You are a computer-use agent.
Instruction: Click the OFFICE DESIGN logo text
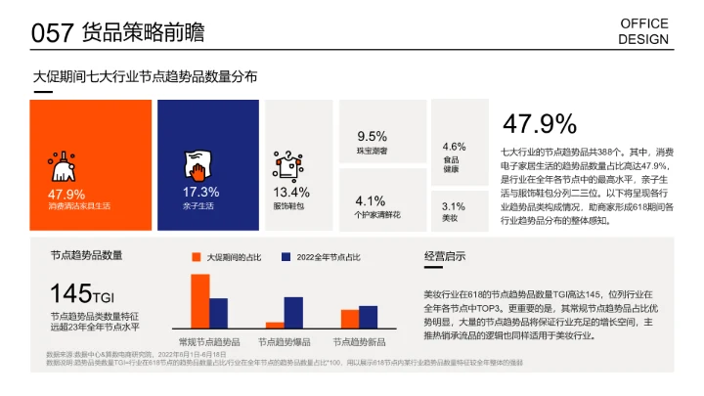point(644,31)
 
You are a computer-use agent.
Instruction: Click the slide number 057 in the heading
point(53,33)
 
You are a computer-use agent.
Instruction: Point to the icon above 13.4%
point(286,162)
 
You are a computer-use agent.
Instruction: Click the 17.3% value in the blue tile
point(200,192)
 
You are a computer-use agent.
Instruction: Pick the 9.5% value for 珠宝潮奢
point(372,136)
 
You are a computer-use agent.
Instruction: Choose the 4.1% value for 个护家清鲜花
point(371,200)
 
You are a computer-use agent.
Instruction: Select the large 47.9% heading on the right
point(539,124)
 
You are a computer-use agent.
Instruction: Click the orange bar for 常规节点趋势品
point(200,301)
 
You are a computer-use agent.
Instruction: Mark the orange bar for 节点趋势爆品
point(275,325)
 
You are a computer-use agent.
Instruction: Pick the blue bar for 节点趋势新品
point(368,317)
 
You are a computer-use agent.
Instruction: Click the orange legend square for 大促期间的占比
point(196,256)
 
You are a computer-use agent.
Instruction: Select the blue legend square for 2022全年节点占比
point(286,256)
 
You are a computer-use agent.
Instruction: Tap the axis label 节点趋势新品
point(359,342)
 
